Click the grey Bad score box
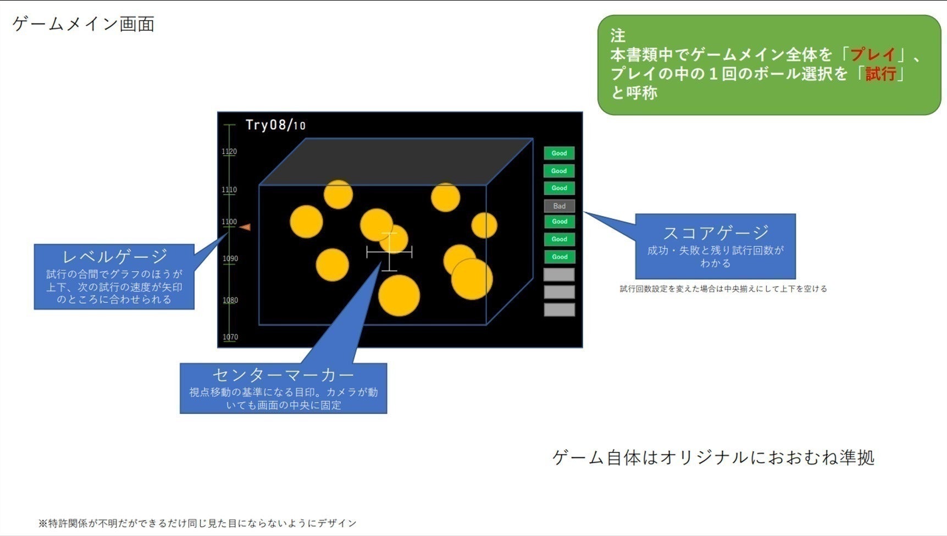click(x=559, y=206)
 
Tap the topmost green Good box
click(x=559, y=153)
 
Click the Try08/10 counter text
click(x=275, y=125)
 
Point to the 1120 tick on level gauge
click(x=229, y=152)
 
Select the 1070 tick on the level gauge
click(x=230, y=337)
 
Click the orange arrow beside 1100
click(x=245, y=227)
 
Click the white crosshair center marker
click(x=389, y=252)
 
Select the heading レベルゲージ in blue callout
click(x=114, y=256)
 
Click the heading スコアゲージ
click(x=715, y=233)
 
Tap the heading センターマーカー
click(x=283, y=374)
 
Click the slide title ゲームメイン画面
click(x=84, y=24)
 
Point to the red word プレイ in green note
click(x=873, y=54)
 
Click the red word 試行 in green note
click(x=880, y=74)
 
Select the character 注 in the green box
click(x=618, y=36)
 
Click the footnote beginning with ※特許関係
click(x=197, y=523)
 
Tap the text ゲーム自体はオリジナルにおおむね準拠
click(x=713, y=457)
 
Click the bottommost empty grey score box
click(x=559, y=310)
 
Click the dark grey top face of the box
click(x=396, y=161)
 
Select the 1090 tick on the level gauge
click(x=230, y=259)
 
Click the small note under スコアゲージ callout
click(x=723, y=289)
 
